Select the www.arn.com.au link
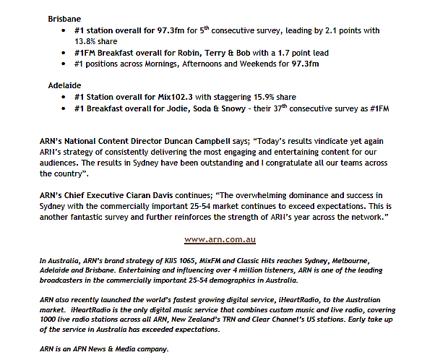coord(220,239)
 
